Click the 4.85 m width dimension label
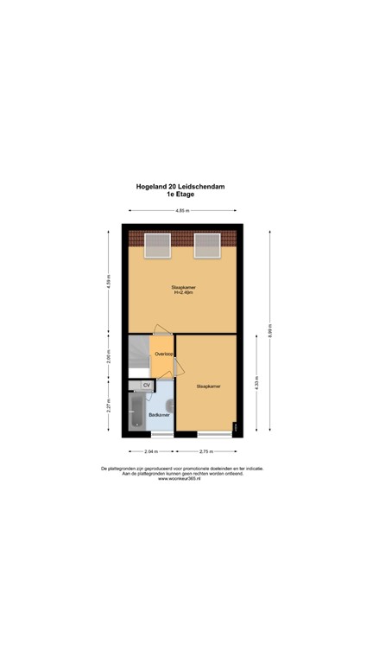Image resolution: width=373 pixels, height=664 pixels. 181,211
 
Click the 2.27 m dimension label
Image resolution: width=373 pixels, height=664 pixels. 109,405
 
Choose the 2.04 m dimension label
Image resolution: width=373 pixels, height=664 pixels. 151,451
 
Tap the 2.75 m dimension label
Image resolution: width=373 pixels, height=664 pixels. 206,451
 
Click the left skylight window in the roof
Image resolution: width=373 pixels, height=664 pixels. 156,245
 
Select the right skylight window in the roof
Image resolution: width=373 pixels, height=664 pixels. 207,245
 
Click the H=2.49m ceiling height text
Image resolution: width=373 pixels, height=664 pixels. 181,292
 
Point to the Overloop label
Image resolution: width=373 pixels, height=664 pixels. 162,354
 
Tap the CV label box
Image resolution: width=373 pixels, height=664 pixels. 147,385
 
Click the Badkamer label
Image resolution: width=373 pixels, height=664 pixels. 159,415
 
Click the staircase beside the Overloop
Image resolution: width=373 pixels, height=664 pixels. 139,356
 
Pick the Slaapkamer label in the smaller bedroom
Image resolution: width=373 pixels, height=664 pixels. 208,386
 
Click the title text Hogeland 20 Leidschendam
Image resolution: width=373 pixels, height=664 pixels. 181,186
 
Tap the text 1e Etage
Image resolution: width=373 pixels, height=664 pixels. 181,195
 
